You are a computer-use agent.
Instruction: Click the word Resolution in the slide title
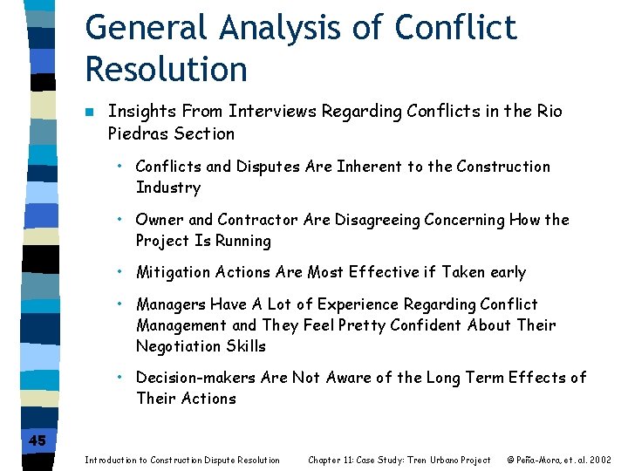pos(167,68)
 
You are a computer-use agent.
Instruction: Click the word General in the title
pos(146,27)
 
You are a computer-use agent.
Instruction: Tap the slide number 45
pos(37,440)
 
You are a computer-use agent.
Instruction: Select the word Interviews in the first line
pos(276,112)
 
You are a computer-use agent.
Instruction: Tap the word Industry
pos(168,188)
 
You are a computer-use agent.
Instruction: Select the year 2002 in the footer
pos(599,460)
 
